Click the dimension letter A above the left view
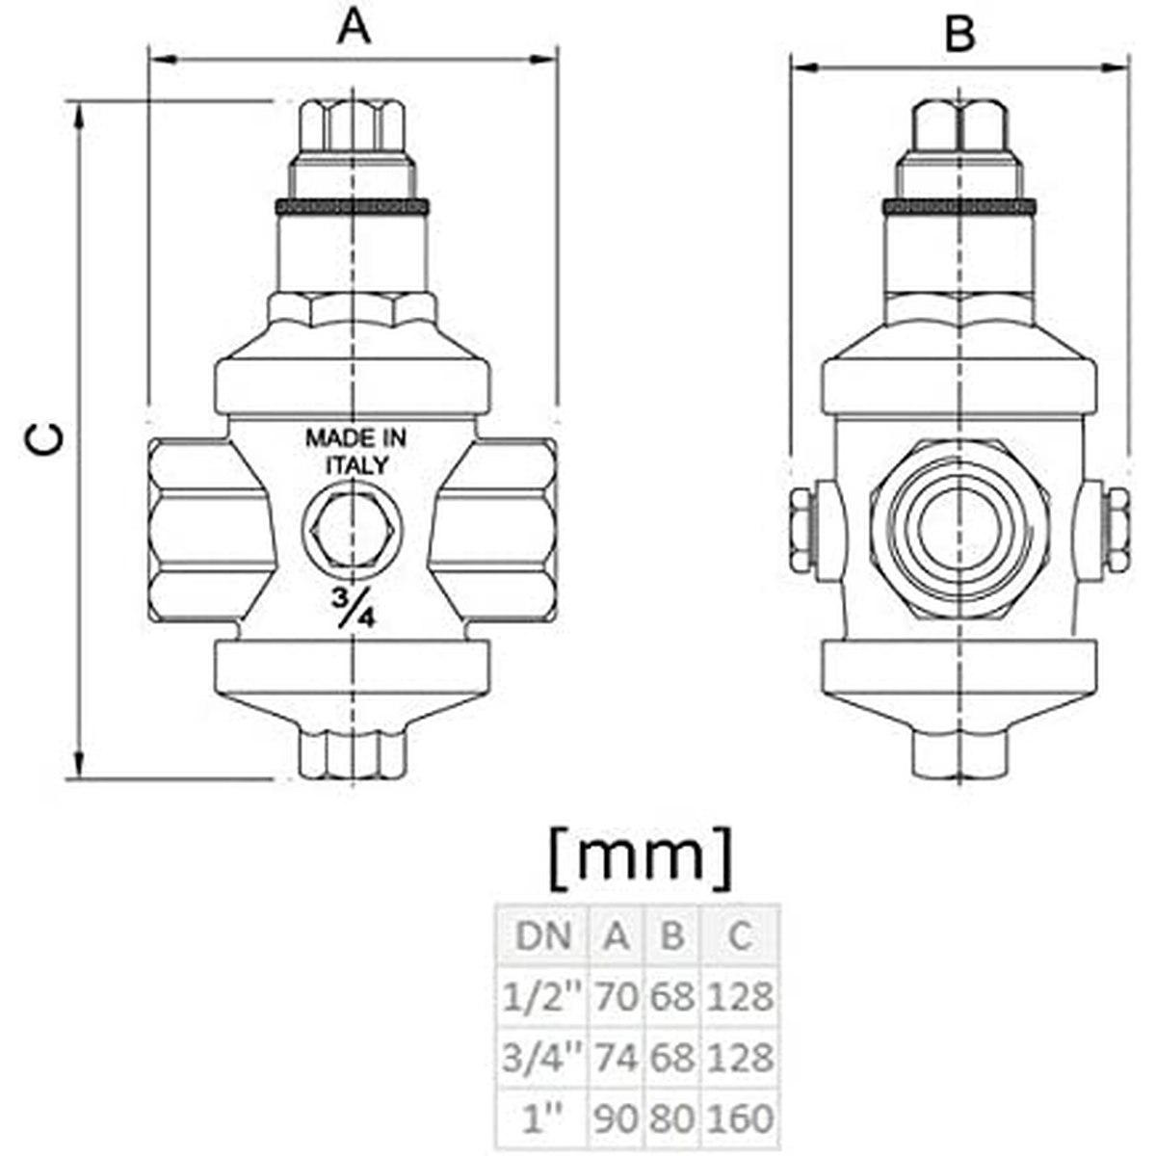354,29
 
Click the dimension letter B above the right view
959,35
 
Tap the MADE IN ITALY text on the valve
355,450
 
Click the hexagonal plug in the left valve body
354,526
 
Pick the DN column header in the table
544,936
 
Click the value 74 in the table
617,1058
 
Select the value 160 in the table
739,1119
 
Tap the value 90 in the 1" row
617,1119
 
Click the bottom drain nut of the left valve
354,754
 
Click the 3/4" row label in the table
544,1058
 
